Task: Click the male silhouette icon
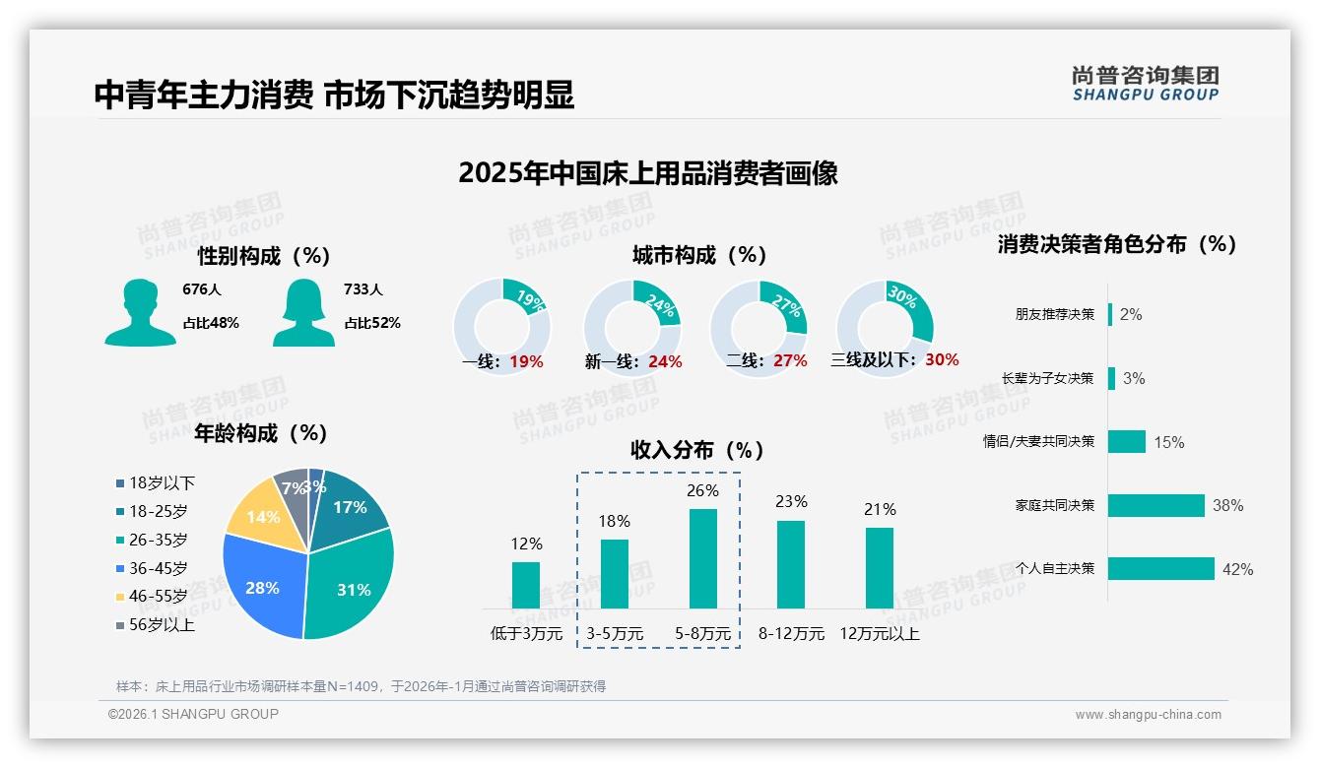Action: (x=140, y=313)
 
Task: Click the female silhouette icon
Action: (x=303, y=313)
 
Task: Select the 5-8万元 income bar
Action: (x=703, y=558)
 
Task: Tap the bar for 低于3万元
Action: (x=526, y=585)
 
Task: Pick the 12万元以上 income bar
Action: (x=880, y=568)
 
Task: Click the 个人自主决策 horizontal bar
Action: (x=1160, y=569)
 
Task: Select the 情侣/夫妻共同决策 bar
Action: (x=1126, y=442)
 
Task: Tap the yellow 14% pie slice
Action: (x=258, y=514)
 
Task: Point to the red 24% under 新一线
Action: (x=665, y=361)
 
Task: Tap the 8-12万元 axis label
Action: (x=791, y=634)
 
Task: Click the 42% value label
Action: (x=1237, y=569)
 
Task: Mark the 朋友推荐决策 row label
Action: (x=1054, y=315)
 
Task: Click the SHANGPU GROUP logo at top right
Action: (x=1146, y=84)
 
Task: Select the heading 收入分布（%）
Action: (x=697, y=450)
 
